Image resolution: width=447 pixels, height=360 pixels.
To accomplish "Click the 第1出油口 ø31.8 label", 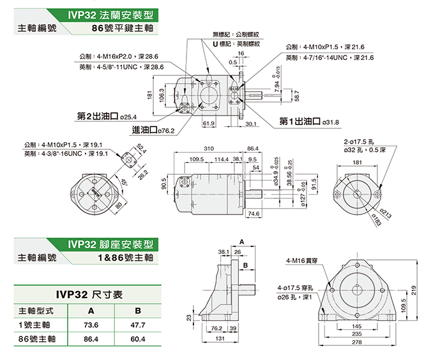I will [309, 121].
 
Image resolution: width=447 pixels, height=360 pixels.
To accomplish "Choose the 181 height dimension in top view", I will [149, 95].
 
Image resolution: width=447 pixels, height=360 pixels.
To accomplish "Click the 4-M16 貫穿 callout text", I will [302, 260].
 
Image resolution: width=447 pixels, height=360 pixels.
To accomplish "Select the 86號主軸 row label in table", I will [35, 339].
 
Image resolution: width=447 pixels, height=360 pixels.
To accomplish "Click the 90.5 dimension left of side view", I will [165, 186].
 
